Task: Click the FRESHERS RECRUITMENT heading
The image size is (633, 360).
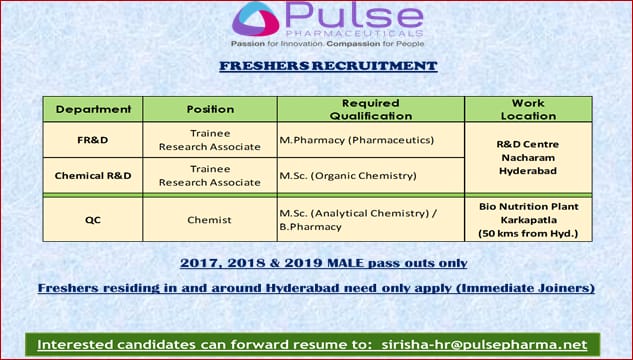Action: coord(328,66)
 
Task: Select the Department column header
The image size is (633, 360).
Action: coord(93,109)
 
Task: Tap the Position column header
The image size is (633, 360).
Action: coord(210,109)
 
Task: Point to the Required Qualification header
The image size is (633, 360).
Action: coord(370,109)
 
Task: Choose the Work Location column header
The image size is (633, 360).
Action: coord(527,109)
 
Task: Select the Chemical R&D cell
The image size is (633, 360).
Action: coord(93,175)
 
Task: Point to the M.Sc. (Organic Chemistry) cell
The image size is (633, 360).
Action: coord(347,175)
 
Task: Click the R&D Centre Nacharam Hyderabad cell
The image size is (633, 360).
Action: coord(527,157)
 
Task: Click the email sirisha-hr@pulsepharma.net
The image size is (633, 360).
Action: coord(483,345)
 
